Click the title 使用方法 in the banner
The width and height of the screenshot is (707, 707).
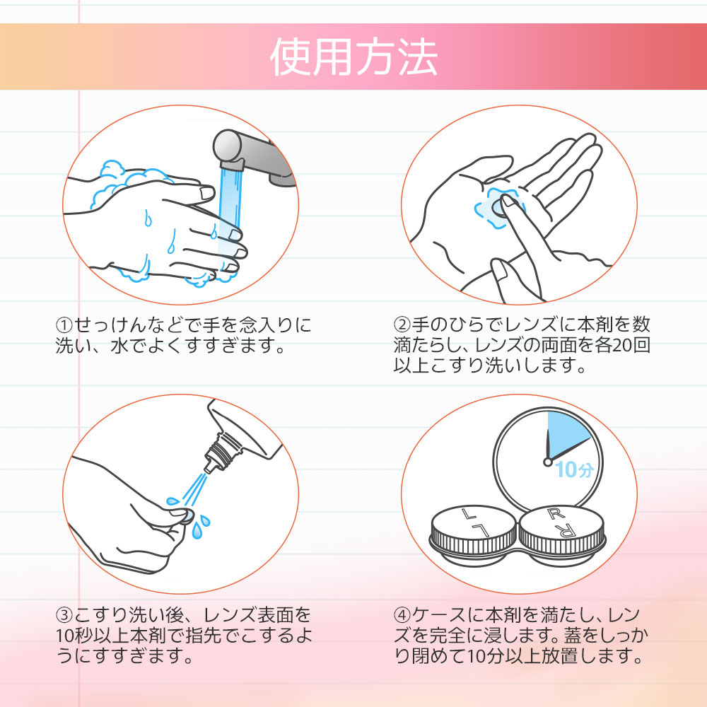(353, 57)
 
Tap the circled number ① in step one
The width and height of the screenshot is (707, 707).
(64, 326)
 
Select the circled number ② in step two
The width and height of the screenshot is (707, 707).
(402, 326)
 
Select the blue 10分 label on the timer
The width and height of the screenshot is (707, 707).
(573, 469)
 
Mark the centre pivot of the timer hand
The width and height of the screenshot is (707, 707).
(547, 462)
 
